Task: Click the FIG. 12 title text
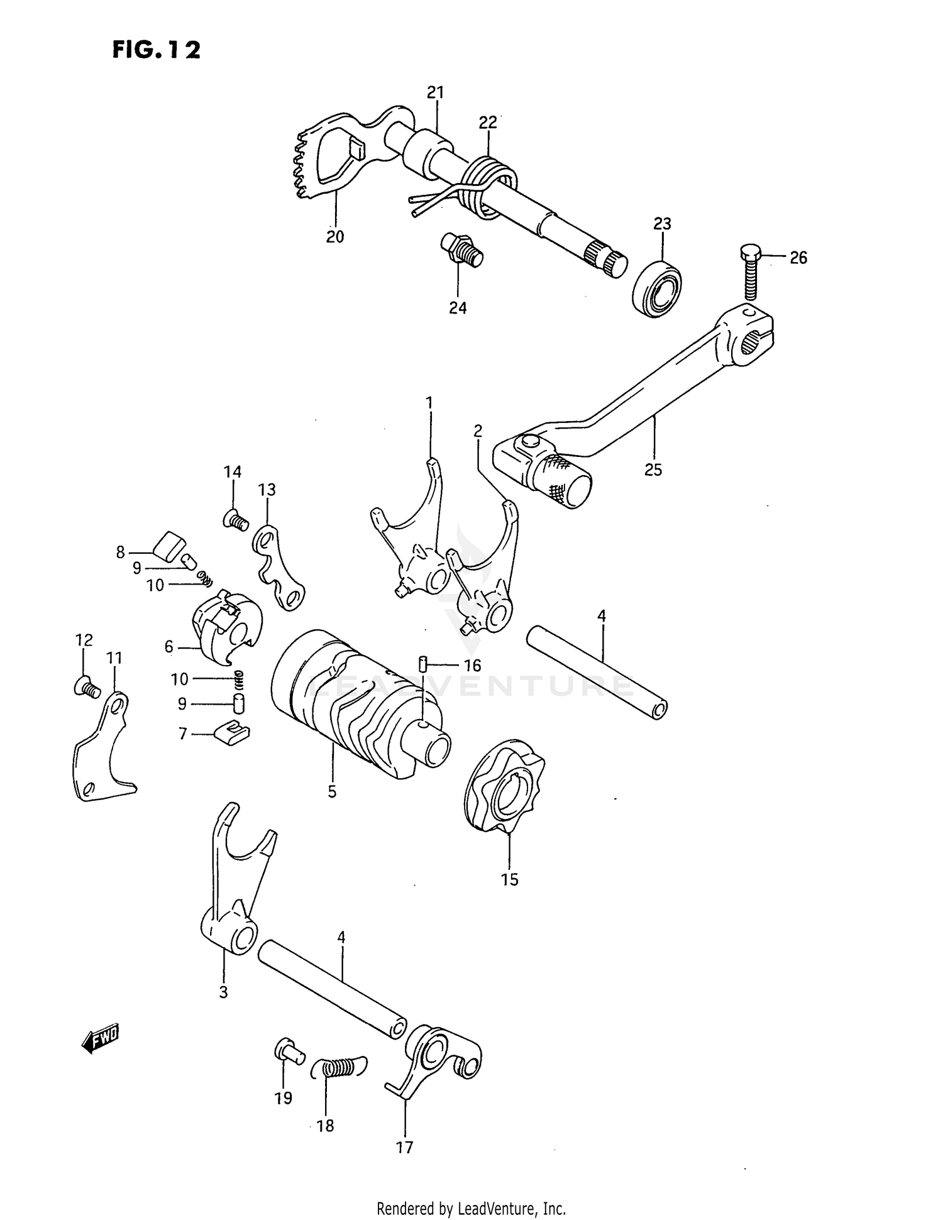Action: (x=157, y=50)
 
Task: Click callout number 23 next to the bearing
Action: (x=662, y=224)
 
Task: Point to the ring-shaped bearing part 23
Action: (x=656, y=289)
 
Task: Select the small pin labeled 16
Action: (x=423, y=663)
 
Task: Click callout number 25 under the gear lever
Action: (x=653, y=470)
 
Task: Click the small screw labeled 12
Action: (x=86, y=689)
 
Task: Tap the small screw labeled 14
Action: (x=236, y=520)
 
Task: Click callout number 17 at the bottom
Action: (x=404, y=1148)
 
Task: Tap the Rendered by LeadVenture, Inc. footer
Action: (x=471, y=1208)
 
